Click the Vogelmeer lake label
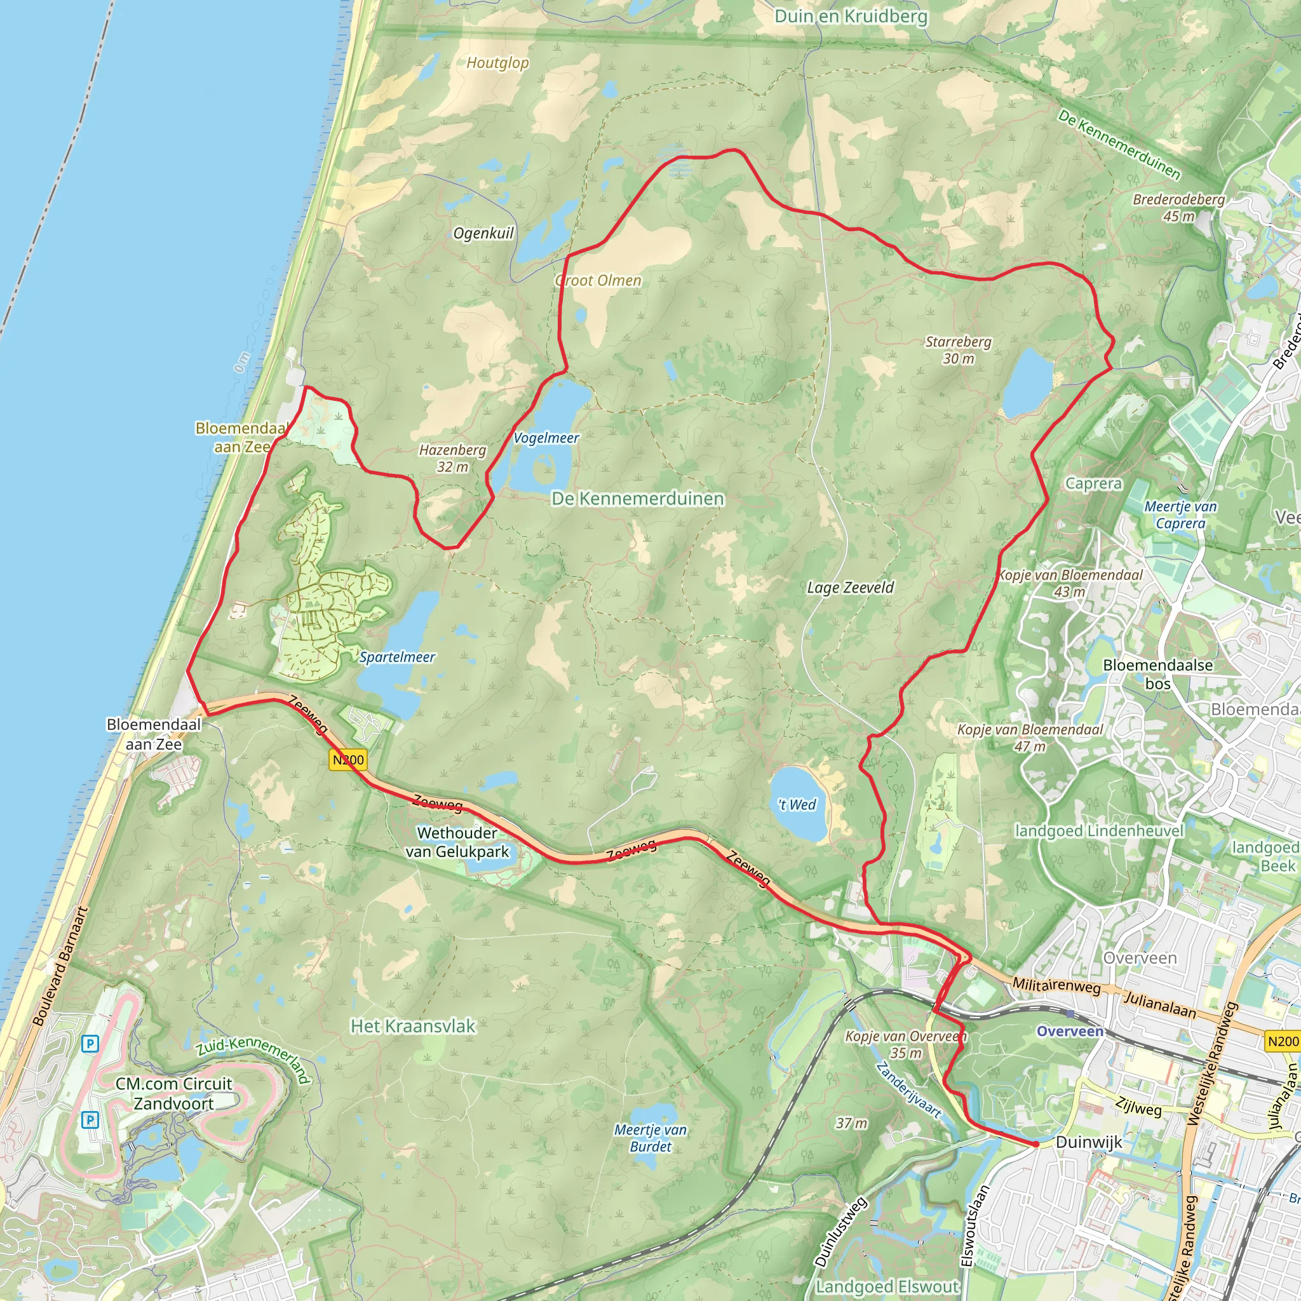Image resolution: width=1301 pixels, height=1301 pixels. point(546,438)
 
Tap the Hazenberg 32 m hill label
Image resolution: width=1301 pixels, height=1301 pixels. point(452,458)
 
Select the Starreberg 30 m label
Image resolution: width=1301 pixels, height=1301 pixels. point(958,350)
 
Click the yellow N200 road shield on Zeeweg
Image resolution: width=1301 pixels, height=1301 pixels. point(348,760)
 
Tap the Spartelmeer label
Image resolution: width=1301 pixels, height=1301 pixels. point(396,657)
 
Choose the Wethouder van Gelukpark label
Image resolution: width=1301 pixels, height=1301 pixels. point(457,842)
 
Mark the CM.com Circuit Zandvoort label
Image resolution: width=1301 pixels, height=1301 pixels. point(173,1094)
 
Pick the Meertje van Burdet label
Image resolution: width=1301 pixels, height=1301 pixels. point(650,1138)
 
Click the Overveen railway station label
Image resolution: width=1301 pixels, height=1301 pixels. point(1069,1031)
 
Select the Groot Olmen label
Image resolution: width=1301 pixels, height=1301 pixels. point(598,281)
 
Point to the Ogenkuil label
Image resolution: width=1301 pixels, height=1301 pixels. point(483,234)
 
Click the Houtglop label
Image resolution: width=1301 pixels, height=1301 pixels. point(497,64)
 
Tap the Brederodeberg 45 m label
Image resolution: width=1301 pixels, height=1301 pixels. point(1178,207)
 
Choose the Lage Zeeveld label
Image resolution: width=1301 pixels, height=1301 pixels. point(851,588)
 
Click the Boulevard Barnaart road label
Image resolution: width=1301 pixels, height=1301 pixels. point(60,966)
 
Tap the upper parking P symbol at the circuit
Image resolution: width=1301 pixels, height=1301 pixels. point(90,1044)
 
